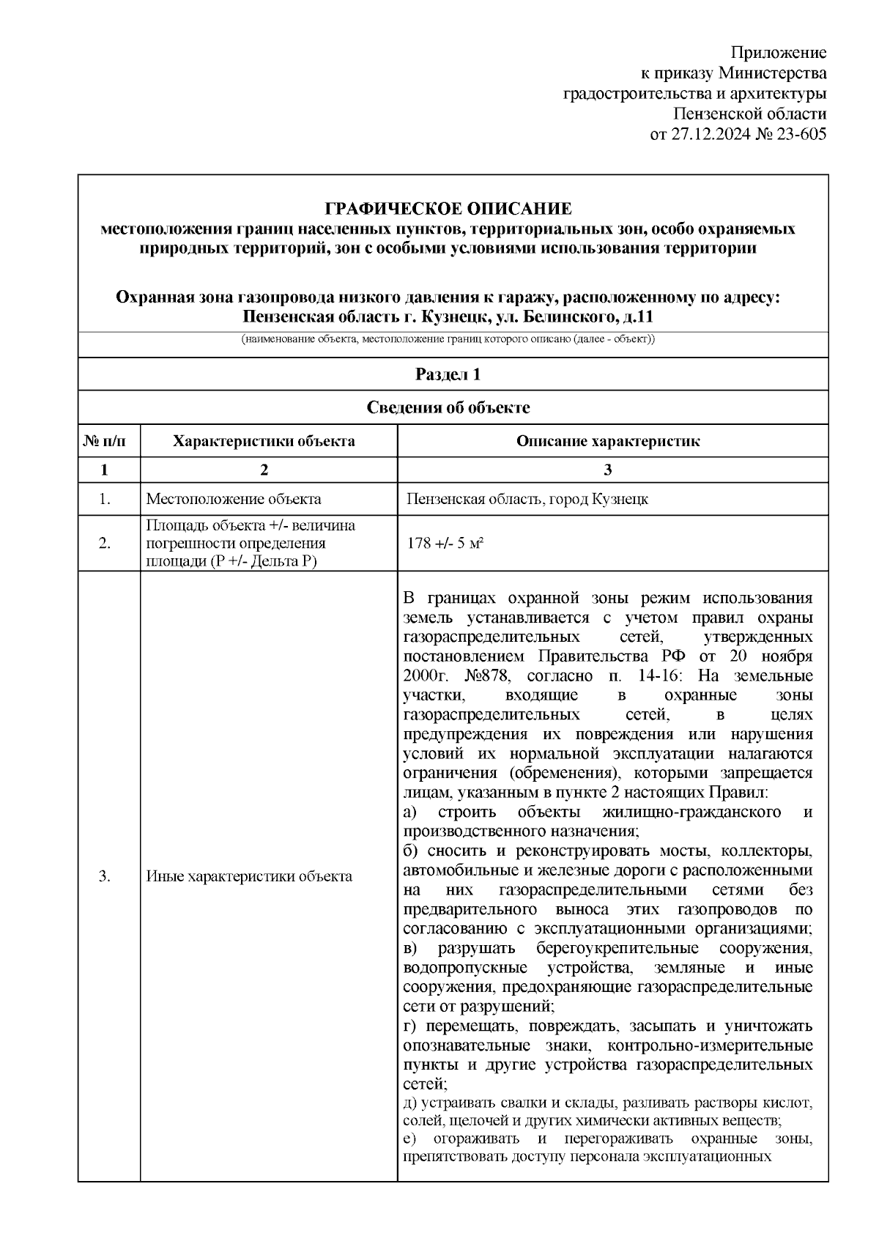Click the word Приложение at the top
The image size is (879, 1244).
pyautogui.click(x=779, y=53)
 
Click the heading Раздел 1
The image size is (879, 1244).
pyautogui.click(x=448, y=374)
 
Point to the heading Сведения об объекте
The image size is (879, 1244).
pyautogui.click(x=448, y=408)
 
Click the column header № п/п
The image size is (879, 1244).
pyautogui.click(x=104, y=441)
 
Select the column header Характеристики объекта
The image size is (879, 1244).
pyautogui.click(x=264, y=441)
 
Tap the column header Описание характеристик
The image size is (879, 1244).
pyautogui.click(x=608, y=441)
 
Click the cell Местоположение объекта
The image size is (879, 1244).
pyautogui.click(x=234, y=500)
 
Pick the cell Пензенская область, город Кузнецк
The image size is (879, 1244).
pyautogui.click(x=527, y=500)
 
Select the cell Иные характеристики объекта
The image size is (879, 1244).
pyautogui.click(x=249, y=876)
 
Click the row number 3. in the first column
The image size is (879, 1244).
pyautogui.click(x=104, y=876)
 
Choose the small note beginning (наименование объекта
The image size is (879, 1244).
pyautogui.click(x=448, y=340)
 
